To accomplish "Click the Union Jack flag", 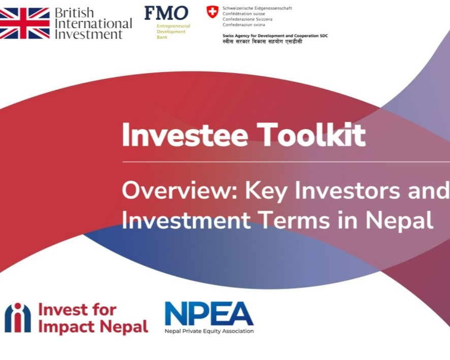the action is click(25, 23).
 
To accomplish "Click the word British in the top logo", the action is click(74, 13).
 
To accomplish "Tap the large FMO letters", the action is click(167, 13).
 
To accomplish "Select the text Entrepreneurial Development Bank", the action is click(173, 31).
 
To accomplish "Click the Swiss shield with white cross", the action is click(212, 12).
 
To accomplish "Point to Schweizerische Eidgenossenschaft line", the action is click(257, 8).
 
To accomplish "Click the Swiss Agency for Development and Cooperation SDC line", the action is click(275, 36).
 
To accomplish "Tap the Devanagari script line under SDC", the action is click(262, 42).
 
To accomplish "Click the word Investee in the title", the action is click(185, 135).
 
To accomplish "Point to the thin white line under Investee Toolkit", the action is click(286, 162).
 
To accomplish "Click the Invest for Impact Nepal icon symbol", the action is click(18, 318).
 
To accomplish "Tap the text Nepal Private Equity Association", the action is click(209, 331).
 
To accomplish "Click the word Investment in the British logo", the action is click(89, 34).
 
